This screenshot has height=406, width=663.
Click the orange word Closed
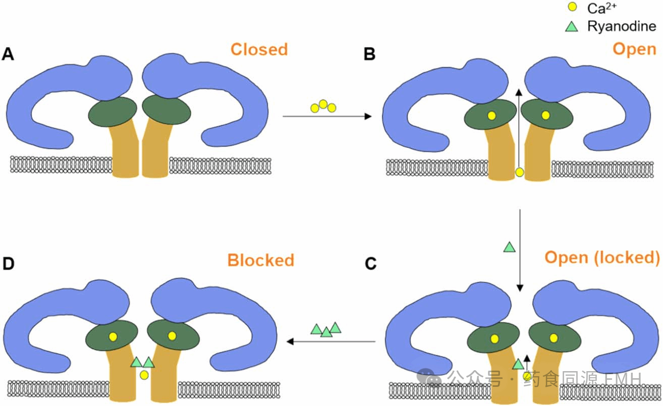(x=259, y=49)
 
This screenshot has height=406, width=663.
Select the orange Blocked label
(x=260, y=260)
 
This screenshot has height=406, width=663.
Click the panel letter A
(x=8, y=54)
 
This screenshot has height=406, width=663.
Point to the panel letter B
(x=369, y=54)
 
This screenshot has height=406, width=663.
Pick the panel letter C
(x=370, y=264)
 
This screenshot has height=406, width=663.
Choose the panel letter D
(x=9, y=264)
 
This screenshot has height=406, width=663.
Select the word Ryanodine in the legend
(x=621, y=26)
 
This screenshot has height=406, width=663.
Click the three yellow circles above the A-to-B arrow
(x=323, y=106)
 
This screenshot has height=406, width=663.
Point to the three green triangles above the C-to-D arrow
(x=326, y=330)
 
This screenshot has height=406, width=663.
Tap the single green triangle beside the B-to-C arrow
(x=509, y=247)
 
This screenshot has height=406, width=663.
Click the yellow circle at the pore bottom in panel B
(x=519, y=173)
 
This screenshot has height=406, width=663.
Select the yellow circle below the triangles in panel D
(x=144, y=375)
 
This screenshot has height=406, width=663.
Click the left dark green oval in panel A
(x=113, y=112)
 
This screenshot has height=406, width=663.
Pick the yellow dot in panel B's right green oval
(x=545, y=115)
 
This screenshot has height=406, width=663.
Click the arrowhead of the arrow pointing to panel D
(x=290, y=342)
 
